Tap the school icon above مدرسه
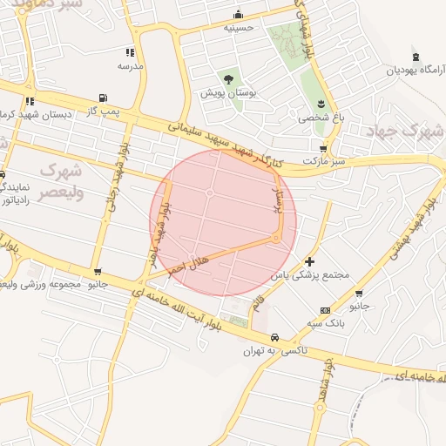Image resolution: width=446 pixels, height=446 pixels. (x=131, y=52)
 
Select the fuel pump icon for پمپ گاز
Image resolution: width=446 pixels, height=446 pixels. (x=104, y=98)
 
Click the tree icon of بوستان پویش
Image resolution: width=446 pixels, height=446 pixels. (x=228, y=80)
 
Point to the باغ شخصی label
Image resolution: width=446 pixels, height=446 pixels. (x=321, y=116)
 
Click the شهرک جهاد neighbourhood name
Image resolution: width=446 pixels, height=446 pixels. (x=414, y=132)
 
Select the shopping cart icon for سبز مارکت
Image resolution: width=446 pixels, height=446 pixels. (x=324, y=149)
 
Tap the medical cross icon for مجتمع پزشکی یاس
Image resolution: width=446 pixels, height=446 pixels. (x=310, y=261)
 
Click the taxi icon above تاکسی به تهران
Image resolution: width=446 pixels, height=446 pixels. (x=274, y=337)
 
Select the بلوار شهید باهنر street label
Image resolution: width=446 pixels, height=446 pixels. (x=159, y=235)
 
